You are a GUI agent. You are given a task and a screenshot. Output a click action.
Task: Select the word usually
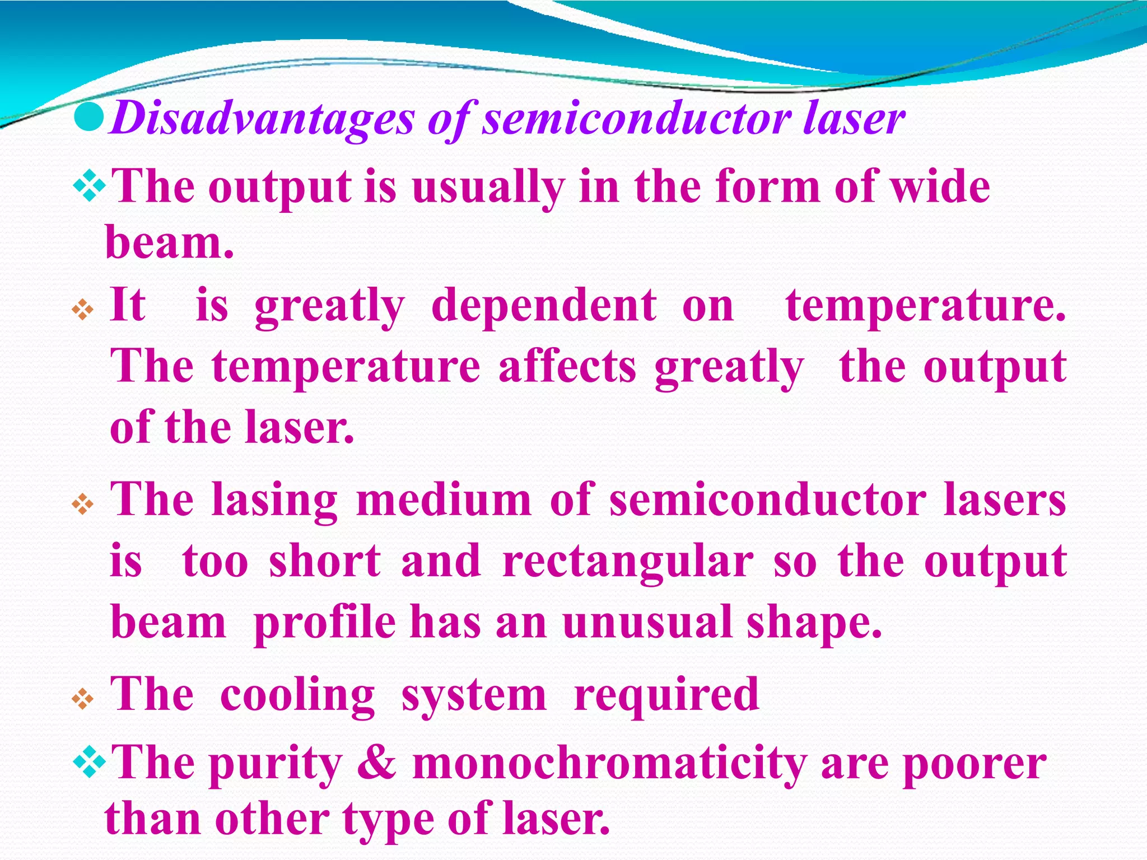click(488, 188)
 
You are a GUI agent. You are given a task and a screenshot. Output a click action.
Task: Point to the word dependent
click(544, 306)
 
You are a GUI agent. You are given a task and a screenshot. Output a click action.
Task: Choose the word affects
click(567, 367)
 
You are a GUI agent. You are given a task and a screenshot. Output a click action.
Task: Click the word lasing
click(274, 500)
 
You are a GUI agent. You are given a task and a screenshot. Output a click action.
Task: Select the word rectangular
click(628, 562)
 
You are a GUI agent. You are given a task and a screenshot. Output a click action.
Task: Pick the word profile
click(325, 623)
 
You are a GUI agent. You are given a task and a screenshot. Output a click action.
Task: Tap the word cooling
click(297, 695)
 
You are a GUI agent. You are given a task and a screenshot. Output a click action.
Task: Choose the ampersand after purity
click(377, 763)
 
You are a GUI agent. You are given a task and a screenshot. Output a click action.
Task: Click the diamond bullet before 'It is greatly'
click(83, 310)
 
